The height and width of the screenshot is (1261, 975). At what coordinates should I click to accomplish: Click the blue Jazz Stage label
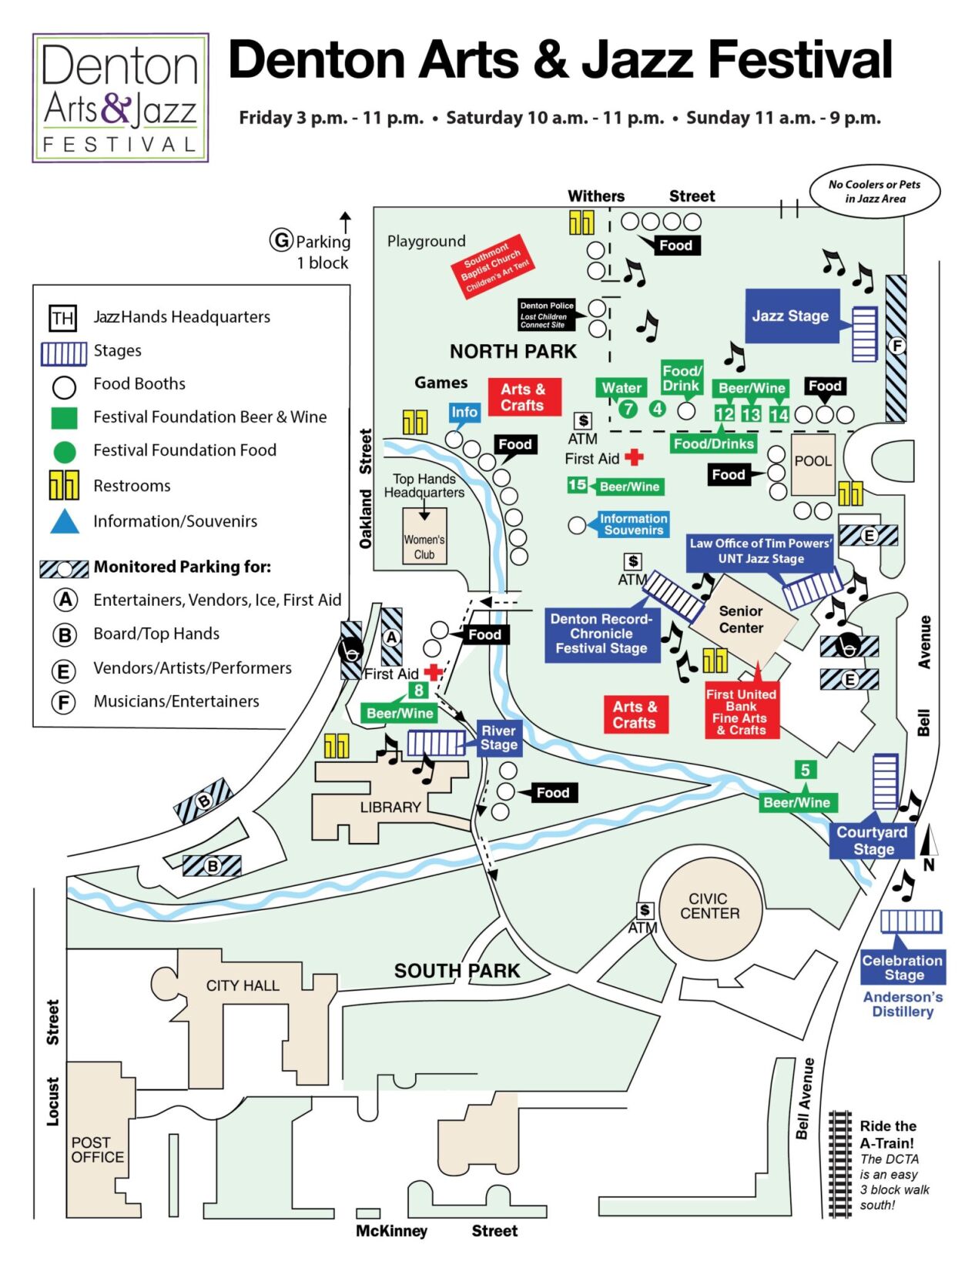coord(791,316)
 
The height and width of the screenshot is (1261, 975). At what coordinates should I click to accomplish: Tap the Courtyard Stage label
coord(873,841)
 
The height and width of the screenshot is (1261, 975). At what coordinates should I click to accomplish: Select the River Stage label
coord(498,738)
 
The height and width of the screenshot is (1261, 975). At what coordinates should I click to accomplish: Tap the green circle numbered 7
coord(628,409)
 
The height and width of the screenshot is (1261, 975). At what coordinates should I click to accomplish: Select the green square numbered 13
coord(751,414)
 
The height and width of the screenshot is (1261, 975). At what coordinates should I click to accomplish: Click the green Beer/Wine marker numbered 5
coord(805,770)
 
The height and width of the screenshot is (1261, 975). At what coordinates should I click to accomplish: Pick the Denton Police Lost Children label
coord(547,315)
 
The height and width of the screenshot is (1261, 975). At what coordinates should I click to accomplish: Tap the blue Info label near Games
coord(464,412)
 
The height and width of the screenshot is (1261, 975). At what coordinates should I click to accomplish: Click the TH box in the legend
coord(63,318)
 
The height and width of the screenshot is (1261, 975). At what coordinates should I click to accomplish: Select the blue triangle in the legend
coord(65,522)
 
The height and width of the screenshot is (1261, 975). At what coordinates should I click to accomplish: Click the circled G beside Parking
coord(281,240)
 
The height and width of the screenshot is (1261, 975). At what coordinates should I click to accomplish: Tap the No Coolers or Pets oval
coord(874,192)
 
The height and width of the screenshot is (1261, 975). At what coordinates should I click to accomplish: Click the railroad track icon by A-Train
coord(839,1164)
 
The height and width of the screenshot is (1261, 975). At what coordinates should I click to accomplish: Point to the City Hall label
coord(243,985)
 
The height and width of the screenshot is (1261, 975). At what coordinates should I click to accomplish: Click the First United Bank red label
coord(741,711)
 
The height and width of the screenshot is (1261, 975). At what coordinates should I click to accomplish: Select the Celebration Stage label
coord(903,968)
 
